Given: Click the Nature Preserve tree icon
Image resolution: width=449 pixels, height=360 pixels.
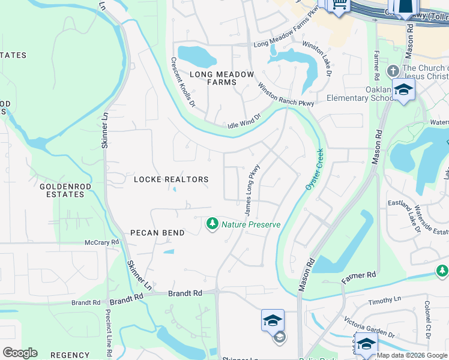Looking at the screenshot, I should (212, 224).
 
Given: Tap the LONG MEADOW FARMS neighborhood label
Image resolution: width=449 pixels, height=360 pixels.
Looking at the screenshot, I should (222, 79).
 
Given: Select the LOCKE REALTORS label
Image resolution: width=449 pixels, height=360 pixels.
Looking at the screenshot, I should (171, 179).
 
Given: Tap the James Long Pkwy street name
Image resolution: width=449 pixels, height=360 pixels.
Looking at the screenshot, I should (252, 190).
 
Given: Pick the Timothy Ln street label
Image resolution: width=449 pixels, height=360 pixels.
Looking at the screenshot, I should (385, 300).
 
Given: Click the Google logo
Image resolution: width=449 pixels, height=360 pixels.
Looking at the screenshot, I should (20, 353).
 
